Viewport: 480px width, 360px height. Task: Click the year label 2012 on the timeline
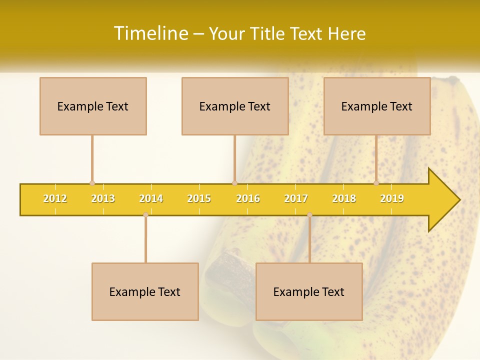pyautogui.click(x=55, y=198)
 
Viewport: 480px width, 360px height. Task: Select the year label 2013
pyautogui.click(x=103, y=198)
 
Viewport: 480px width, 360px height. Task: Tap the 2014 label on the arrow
pyautogui.click(x=151, y=198)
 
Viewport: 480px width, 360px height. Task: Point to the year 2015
pyautogui.click(x=199, y=198)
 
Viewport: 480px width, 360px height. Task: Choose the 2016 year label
pyautogui.click(x=248, y=198)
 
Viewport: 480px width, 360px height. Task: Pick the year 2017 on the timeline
pyautogui.click(x=296, y=198)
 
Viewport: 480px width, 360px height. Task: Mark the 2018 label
pyautogui.click(x=344, y=198)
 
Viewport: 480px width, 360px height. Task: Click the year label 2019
pyautogui.click(x=392, y=198)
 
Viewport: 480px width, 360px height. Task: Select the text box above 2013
pyautogui.click(x=93, y=106)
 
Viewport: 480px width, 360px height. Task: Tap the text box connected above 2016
pyautogui.click(x=235, y=106)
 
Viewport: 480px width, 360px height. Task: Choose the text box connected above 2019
pyautogui.click(x=377, y=106)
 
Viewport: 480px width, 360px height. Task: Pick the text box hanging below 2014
pyautogui.click(x=145, y=291)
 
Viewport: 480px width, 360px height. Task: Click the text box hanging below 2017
pyautogui.click(x=309, y=291)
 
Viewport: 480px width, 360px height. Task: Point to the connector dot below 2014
pyautogui.click(x=145, y=214)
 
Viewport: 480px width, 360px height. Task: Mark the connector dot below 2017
pyautogui.click(x=309, y=214)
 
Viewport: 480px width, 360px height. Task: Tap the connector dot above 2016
pyautogui.click(x=234, y=183)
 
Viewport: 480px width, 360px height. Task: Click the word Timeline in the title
pyautogui.click(x=150, y=33)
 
